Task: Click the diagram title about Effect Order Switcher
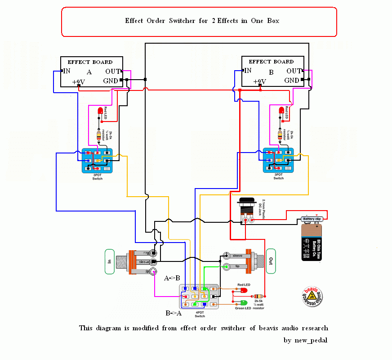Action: [202, 21]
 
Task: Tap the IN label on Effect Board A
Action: [66, 71]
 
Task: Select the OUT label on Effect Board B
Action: [294, 71]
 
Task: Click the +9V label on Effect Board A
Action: [79, 82]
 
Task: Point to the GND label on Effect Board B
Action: [292, 81]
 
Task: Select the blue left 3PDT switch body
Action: [97, 160]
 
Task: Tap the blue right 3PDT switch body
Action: [278, 160]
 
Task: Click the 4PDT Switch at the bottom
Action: [199, 296]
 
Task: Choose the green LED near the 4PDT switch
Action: [244, 302]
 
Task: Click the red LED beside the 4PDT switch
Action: [244, 290]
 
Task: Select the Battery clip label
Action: [312, 219]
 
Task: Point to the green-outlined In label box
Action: [109, 261]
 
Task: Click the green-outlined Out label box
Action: [270, 261]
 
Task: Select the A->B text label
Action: [172, 278]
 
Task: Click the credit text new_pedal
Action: [305, 340]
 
